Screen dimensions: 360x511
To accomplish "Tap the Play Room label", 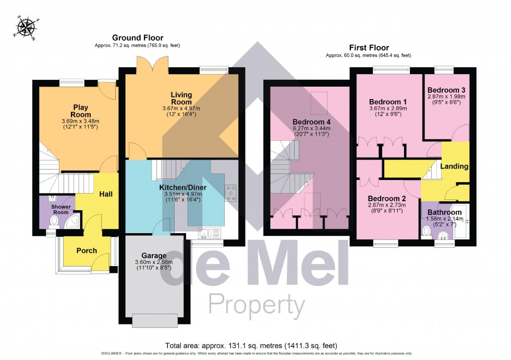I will (81, 111).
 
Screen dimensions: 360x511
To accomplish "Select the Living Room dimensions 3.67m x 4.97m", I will (181, 108).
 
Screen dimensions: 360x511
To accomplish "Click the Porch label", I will (87, 250).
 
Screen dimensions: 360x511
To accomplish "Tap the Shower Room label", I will (60, 209).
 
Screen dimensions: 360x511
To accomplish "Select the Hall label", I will (106, 194).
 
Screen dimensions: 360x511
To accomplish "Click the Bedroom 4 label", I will (311, 122).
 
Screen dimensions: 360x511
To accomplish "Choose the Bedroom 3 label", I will (446, 90).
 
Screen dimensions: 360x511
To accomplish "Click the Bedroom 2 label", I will (386, 198).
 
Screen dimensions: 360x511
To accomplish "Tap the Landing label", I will (454, 166).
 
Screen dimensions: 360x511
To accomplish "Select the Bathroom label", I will (444, 212).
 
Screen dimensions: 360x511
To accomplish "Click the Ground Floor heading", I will (138, 38).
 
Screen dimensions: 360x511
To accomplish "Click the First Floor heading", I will (368, 47).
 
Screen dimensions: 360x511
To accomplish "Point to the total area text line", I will (251, 345).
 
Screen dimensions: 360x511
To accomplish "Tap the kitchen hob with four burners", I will (230, 193).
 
